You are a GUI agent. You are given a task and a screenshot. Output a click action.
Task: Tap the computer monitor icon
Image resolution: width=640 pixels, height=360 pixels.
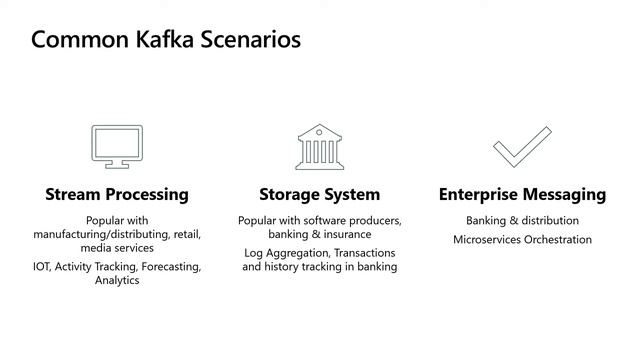[117, 146]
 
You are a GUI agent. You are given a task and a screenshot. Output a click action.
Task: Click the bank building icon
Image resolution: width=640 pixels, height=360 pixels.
[319, 146]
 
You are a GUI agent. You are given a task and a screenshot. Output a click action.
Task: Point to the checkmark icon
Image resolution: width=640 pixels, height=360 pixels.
[522, 146]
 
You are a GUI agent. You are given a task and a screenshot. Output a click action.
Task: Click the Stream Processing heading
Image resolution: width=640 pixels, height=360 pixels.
[117, 194]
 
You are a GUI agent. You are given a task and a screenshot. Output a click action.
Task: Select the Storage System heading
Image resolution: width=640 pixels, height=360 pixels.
[319, 194]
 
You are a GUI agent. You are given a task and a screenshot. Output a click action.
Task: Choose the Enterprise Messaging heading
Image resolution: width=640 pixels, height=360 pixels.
[522, 194]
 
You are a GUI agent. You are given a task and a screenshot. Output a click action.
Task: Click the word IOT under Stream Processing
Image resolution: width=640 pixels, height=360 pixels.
[42, 267]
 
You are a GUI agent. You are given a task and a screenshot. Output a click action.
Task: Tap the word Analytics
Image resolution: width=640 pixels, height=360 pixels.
[117, 281]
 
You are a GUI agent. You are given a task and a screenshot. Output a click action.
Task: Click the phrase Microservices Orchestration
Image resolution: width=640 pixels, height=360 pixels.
[522, 240]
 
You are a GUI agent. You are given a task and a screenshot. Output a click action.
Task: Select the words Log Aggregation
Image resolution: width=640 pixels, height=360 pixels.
[286, 253]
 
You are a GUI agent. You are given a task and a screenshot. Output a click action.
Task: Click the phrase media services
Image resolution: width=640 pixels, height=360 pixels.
[117, 247]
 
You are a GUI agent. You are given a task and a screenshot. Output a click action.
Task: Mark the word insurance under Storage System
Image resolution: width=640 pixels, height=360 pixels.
[346, 234]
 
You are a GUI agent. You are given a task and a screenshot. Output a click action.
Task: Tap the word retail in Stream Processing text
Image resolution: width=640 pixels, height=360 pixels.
[187, 233]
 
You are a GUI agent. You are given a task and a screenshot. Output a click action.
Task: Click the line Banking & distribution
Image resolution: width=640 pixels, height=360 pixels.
[522, 220]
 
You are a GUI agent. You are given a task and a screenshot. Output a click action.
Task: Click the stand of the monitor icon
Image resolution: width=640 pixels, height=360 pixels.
[117, 164]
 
